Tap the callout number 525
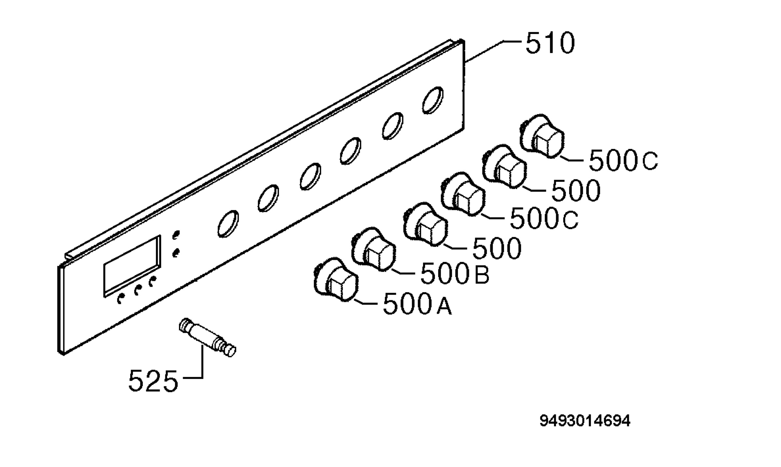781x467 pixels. coord(153,380)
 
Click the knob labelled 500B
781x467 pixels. coord(374,249)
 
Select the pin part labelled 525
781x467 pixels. coord(208,338)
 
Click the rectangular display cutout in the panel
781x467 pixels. coord(132,266)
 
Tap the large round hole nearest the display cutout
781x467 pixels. coord(228,224)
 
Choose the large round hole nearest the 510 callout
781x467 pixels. coord(432,100)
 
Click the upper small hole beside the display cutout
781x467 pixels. coord(176,235)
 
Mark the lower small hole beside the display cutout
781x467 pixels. coord(176,253)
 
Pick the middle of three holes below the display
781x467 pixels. coord(138,290)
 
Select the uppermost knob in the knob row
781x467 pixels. coord(541,136)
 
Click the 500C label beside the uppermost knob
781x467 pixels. coord(623,160)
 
